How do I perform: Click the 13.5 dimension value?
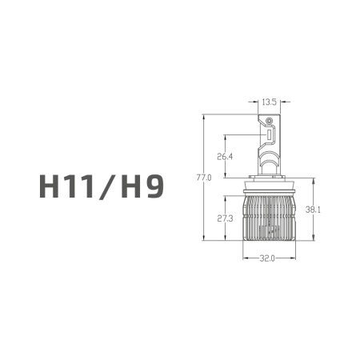click(270, 102)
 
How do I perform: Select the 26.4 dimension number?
click(225, 157)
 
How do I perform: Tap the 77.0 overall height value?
click(204, 178)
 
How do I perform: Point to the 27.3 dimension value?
click(225, 218)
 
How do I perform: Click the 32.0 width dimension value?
click(267, 258)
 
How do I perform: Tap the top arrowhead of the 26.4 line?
click(224, 135)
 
